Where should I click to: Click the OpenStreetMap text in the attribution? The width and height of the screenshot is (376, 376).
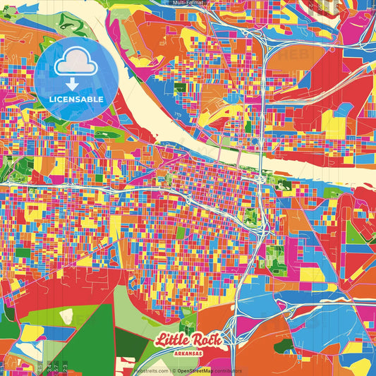(194, 370)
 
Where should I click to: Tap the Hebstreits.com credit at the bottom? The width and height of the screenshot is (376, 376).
(151, 370)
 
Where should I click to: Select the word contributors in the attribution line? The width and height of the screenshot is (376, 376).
(226, 370)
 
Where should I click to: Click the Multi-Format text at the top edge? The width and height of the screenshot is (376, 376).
(188, 3)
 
